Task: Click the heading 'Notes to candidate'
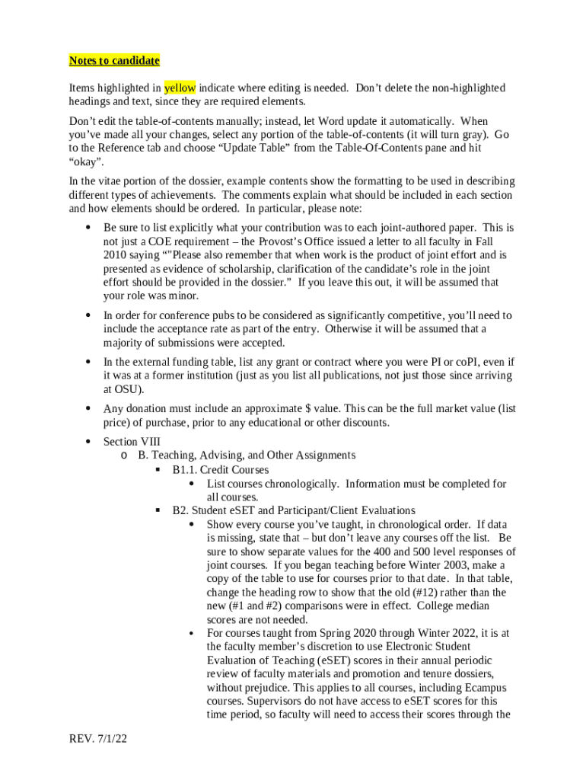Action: click(x=114, y=61)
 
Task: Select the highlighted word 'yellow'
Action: click(x=180, y=88)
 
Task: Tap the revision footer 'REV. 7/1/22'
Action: click(x=97, y=738)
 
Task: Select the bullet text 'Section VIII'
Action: click(x=132, y=442)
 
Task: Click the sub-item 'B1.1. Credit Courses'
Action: click(x=220, y=470)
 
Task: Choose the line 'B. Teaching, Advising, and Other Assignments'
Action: click(x=247, y=456)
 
